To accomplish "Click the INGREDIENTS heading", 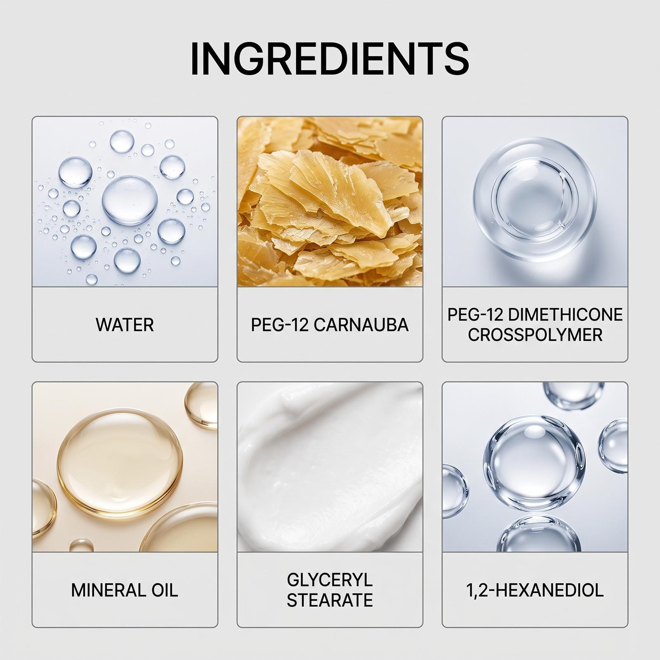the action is point(330,58).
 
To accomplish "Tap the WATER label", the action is point(125,325).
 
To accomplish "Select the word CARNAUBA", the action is point(361,325).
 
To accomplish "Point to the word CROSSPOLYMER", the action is point(535,335).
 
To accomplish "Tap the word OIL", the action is point(165,590).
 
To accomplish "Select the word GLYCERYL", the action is point(330,580).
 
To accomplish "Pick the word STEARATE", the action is point(330,600).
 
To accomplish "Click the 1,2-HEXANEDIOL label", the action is point(535,590).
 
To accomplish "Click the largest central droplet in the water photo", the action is point(130,200).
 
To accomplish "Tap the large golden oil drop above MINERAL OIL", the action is point(120,464).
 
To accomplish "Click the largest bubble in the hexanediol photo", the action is point(535,463).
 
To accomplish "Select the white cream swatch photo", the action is point(330,467).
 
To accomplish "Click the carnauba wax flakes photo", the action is point(330,202).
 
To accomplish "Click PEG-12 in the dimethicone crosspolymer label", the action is point(476,315).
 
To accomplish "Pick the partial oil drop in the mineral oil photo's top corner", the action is point(202,405).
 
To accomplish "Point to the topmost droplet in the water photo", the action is point(122,141).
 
